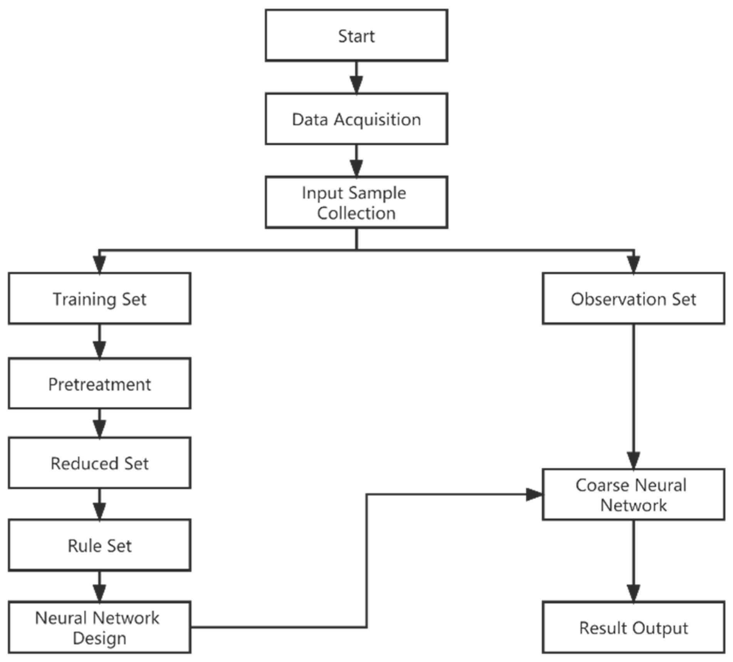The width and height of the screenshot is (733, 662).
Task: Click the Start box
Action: click(x=356, y=35)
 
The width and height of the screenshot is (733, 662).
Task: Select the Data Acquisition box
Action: click(x=356, y=119)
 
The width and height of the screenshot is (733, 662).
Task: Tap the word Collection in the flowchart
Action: click(x=356, y=213)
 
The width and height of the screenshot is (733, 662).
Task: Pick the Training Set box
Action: click(x=99, y=299)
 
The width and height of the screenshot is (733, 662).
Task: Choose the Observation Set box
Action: click(x=633, y=299)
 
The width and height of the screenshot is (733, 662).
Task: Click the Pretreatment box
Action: click(x=99, y=384)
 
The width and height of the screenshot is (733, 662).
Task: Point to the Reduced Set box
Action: click(x=99, y=463)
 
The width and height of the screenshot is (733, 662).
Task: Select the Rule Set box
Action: click(x=99, y=546)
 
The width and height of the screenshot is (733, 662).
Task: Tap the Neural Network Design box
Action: click(x=99, y=628)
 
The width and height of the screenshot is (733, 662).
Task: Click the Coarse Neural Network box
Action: click(x=633, y=495)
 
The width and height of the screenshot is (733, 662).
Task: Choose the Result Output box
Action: click(x=633, y=628)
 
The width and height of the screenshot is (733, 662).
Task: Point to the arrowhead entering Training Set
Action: click(x=99, y=264)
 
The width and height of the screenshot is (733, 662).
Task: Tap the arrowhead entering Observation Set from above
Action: click(x=633, y=264)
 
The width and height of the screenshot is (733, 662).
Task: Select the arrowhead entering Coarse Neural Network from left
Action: click(x=534, y=494)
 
